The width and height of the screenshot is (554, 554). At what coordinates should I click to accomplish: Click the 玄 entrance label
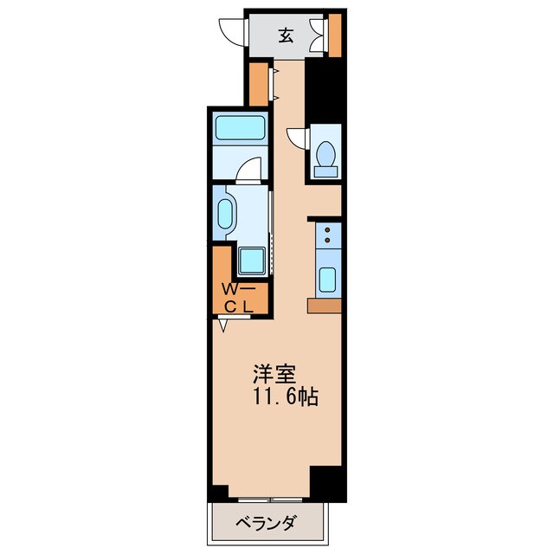286,35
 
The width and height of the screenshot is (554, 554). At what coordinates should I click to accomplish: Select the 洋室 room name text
274,375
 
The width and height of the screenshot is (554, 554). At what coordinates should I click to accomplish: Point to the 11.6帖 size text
285,398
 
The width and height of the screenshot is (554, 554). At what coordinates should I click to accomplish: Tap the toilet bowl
326,154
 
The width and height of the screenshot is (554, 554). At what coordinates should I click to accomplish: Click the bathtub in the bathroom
241,130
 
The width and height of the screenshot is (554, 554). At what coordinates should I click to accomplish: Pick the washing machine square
253,258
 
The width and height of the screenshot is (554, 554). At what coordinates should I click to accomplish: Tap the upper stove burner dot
328,229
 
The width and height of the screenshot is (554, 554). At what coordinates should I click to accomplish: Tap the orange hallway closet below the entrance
258,83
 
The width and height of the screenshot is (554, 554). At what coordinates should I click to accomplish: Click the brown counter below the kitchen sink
325,305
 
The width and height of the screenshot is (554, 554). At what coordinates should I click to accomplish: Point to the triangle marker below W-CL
223,325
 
